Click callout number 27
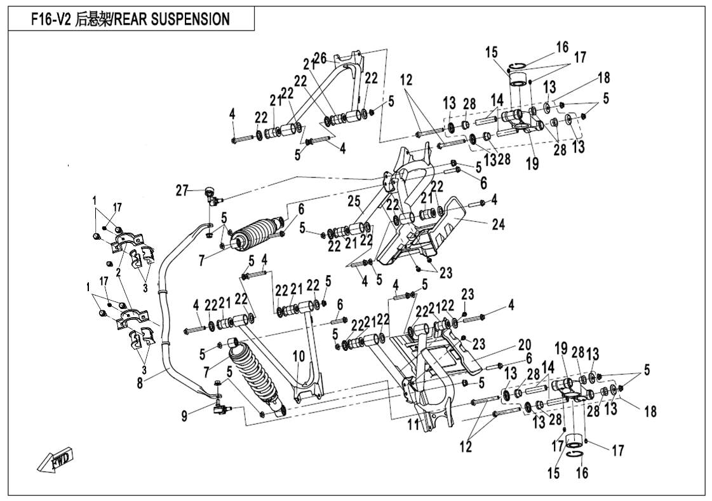pyautogui.click(x=183, y=190)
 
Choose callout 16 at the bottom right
pyautogui.click(x=582, y=473)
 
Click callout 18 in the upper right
pyautogui.click(x=603, y=78)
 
